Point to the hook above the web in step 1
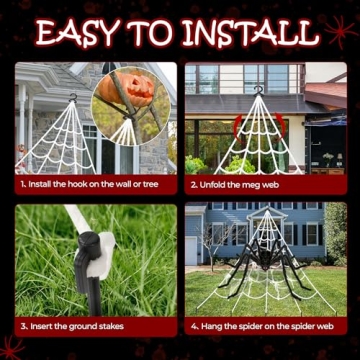tap(71, 97)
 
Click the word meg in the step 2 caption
tap(256, 184)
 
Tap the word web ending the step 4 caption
tap(329, 326)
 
